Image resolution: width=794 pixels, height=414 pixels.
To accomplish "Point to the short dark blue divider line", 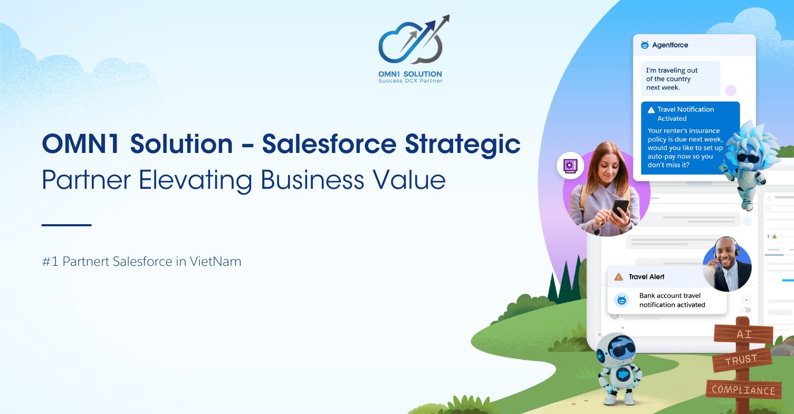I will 66,225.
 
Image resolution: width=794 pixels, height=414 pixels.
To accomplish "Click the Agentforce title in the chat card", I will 670,45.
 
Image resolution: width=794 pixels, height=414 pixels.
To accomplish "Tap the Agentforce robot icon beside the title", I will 645,45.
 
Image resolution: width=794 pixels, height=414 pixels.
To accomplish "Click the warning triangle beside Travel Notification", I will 651,110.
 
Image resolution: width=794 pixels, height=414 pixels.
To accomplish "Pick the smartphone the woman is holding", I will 620,207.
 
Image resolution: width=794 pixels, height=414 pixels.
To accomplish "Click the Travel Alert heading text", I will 646,277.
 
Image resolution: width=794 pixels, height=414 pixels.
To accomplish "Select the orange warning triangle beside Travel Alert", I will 618,277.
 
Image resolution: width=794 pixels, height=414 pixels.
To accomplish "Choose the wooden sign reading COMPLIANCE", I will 743,390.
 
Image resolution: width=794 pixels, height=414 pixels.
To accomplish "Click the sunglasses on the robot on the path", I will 618,349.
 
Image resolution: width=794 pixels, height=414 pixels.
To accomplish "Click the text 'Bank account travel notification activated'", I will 672,300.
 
